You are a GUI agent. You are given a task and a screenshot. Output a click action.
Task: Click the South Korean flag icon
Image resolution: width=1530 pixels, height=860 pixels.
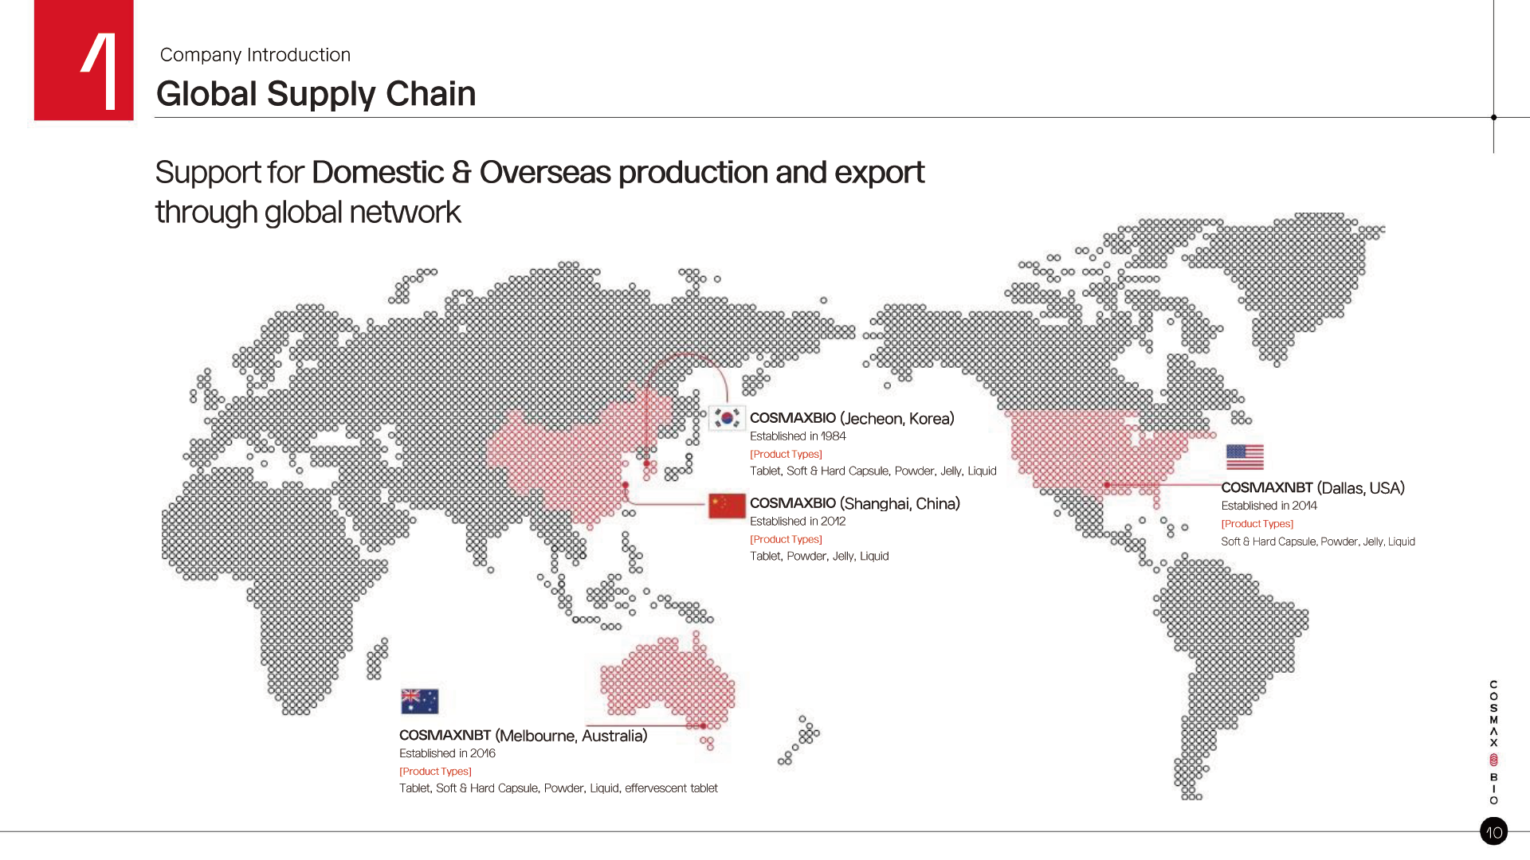click(x=727, y=418)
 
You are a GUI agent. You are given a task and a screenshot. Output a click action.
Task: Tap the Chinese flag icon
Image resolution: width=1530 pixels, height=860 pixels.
click(x=727, y=506)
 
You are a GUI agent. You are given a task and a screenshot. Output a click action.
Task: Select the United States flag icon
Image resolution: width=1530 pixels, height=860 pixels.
click(x=1245, y=457)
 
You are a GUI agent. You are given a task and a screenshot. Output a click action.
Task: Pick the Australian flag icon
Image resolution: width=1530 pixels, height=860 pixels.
click(x=420, y=702)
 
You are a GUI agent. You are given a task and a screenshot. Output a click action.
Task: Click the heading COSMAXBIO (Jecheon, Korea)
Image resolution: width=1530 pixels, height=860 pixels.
click(x=852, y=419)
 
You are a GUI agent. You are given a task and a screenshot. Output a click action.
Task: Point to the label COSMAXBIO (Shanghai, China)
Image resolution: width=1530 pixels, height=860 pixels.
click(x=855, y=504)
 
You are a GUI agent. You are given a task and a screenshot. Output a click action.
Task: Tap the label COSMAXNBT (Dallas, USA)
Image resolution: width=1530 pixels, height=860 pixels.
click(x=1312, y=488)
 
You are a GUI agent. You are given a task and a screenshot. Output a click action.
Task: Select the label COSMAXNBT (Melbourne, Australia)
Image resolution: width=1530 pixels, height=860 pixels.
click(x=523, y=736)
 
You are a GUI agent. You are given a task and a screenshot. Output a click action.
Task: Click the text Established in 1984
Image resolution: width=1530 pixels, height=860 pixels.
click(x=798, y=436)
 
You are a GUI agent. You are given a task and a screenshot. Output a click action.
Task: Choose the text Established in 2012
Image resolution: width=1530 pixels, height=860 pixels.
click(x=798, y=522)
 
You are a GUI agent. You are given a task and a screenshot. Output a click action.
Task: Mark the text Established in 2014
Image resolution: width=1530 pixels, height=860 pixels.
click(x=1269, y=506)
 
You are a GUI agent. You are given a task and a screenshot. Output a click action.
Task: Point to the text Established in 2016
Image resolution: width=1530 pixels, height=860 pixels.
click(x=447, y=753)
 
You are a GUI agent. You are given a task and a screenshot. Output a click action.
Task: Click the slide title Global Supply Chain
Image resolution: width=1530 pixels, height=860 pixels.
click(x=316, y=94)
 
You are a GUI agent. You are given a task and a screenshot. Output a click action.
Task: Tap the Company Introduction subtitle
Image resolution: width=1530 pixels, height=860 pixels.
click(x=255, y=55)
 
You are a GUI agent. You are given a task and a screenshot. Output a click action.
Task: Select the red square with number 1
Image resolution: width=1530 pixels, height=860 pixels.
click(x=84, y=60)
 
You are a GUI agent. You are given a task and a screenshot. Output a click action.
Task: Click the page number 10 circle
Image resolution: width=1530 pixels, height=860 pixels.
click(x=1493, y=831)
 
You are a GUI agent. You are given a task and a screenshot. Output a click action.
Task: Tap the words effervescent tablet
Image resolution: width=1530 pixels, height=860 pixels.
click(x=671, y=788)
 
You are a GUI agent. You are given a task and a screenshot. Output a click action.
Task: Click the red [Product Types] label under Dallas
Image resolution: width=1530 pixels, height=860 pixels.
click(x=1257, y=524)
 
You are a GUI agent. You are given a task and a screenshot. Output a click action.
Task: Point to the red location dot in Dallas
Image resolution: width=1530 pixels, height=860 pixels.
click(x=1107, y=485)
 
